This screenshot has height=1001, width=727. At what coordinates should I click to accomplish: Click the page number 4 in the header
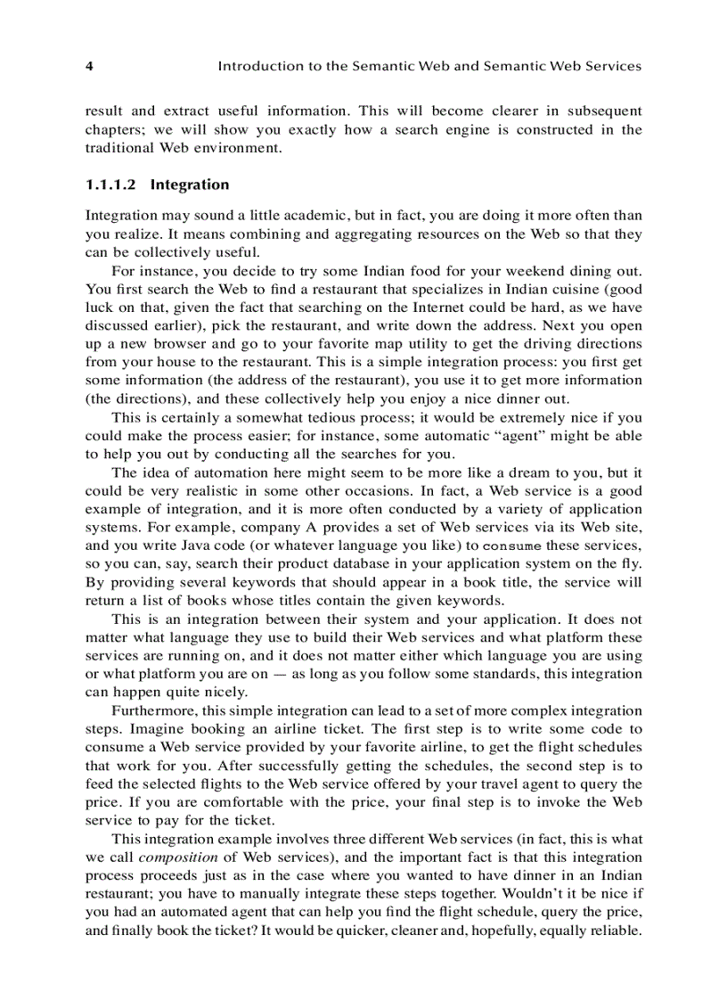click(x=89, y=66)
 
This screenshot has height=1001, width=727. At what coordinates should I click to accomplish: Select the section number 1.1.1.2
click(x=112, y=185)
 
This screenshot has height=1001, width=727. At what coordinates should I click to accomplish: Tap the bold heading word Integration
click(x=190, y=185)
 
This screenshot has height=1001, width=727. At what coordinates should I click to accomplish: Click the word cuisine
click(x=566, y=289)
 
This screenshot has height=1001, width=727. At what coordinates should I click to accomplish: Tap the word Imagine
click(x=155, y=728)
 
